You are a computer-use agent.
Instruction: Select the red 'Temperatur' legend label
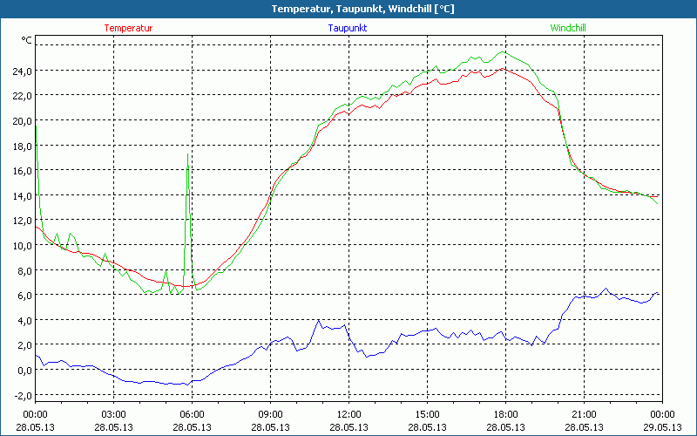pos(128,28)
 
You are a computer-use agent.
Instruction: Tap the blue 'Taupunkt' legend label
pos(348,28)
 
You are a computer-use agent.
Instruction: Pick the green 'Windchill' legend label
pos(568,28)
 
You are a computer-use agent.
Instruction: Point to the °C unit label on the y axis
pos(27,40)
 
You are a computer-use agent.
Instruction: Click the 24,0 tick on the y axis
pos(21,71)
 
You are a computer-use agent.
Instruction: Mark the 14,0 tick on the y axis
pos(21,195)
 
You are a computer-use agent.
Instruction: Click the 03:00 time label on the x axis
pos(114,414)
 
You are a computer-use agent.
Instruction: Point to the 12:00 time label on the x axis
pos(348,414)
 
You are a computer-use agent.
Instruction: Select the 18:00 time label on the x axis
pos(505,414)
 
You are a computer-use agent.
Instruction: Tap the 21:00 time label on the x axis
pos(584,414)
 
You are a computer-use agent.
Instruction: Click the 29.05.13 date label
pos(662,427)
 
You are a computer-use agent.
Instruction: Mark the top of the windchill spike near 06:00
pos(188,153)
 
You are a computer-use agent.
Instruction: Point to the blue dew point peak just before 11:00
pos(319,320)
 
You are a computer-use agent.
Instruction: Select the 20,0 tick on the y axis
pos(21,120)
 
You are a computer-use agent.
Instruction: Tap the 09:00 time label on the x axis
pos(270,414)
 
